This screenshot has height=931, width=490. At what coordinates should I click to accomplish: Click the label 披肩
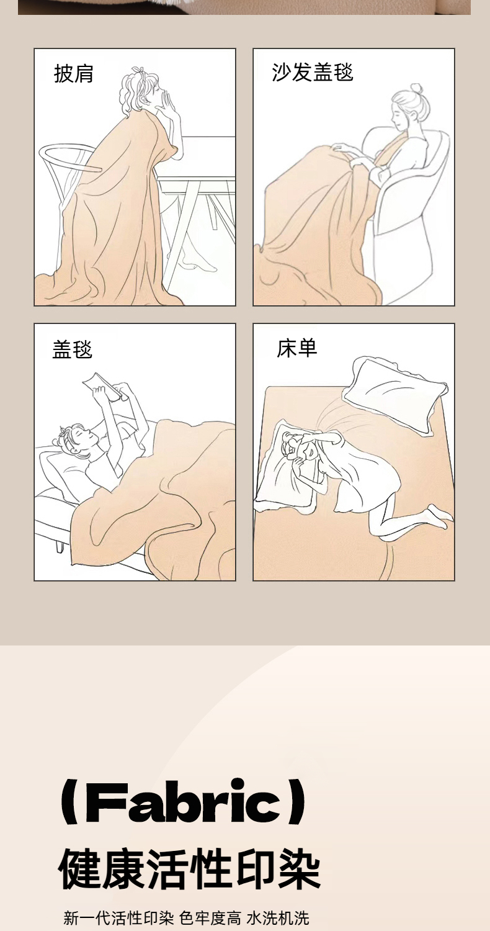(73, 74)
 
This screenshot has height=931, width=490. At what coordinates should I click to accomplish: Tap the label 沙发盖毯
(312, 72)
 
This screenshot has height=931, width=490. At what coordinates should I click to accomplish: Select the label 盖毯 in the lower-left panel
(72, 349)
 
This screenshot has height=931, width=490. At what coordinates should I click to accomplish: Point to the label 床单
(297, 348)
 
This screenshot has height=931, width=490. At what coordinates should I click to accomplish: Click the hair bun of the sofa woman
(416, 89)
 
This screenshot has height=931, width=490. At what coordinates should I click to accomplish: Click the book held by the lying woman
(102, 386)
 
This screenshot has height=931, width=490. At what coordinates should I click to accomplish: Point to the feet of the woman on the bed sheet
(440, 515)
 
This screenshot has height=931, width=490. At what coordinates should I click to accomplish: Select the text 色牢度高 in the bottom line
(210, 918)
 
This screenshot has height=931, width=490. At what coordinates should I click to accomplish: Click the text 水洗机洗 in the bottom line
(278, 918)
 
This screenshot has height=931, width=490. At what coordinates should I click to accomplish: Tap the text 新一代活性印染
(118, 918)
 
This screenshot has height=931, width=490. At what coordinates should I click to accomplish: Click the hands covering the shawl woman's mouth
(171, 104)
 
